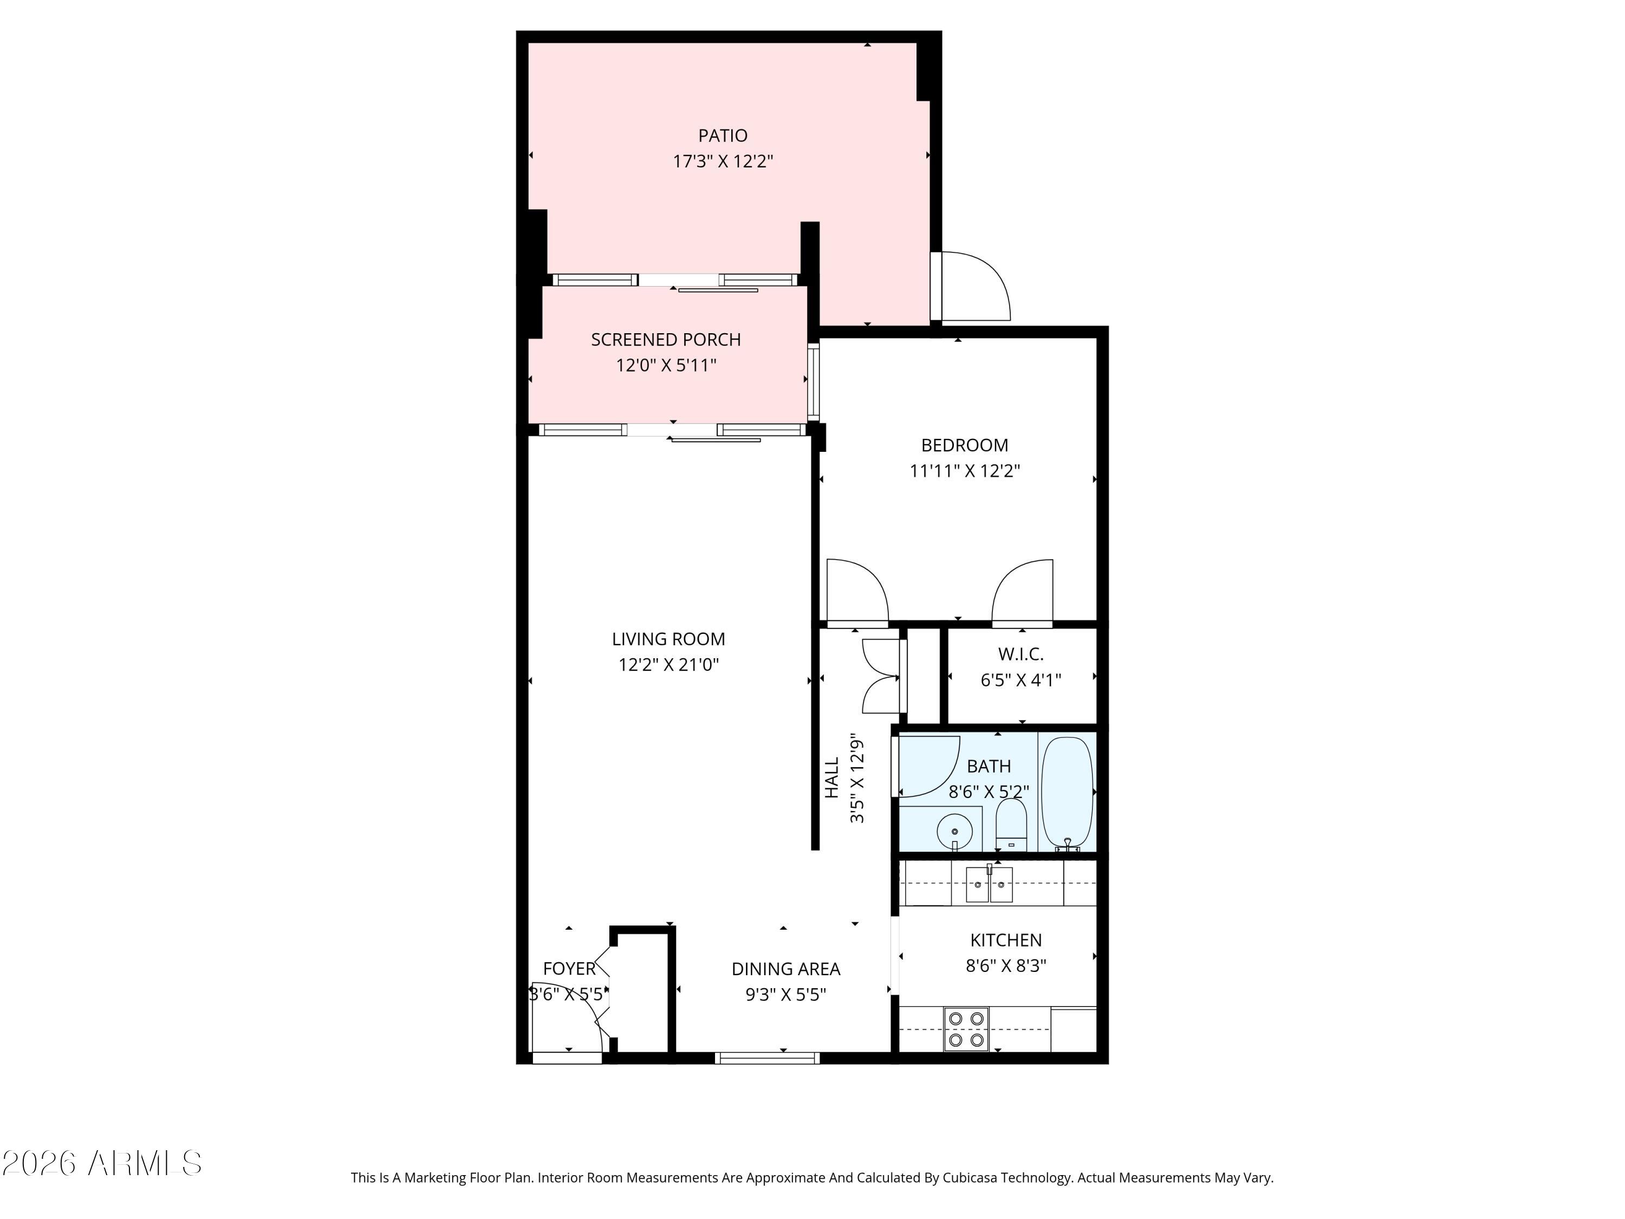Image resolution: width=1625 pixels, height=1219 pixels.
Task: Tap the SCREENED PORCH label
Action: click(x=666, y=340)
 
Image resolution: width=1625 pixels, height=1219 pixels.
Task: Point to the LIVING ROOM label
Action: click(x=668, y=639)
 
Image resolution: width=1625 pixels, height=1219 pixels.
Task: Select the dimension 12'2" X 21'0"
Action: click(x=668, y=664)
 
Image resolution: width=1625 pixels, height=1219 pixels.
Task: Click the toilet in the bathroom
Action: click(x=1011, y=824)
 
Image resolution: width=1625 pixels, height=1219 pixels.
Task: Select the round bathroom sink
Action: click(x=954, y=831)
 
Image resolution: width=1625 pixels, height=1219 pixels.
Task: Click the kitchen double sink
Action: click(x=988, y=885)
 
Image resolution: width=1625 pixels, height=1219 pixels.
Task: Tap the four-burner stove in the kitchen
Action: click(x=965, y=1029)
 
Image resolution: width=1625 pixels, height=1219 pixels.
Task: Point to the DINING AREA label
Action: click(x=785, y=969)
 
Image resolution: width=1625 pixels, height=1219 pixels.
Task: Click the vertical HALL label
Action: click(x=831, y=777)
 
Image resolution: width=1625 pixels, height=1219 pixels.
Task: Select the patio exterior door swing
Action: click(x=974, y=287)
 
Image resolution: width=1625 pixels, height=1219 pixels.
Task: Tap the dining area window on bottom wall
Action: click(x=767, y=1058)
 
